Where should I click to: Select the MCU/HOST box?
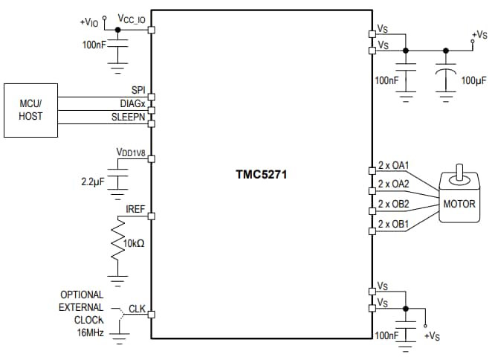[x=30, y=110]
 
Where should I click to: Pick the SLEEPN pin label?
[x=128, y=116]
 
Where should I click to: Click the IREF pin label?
[x=135, y=210]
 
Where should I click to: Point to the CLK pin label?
[x=137, y=307]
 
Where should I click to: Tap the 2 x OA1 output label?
[x=394, y=165]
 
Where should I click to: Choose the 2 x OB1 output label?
[x=394, y=223]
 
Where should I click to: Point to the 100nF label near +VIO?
[x=94, y=45]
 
